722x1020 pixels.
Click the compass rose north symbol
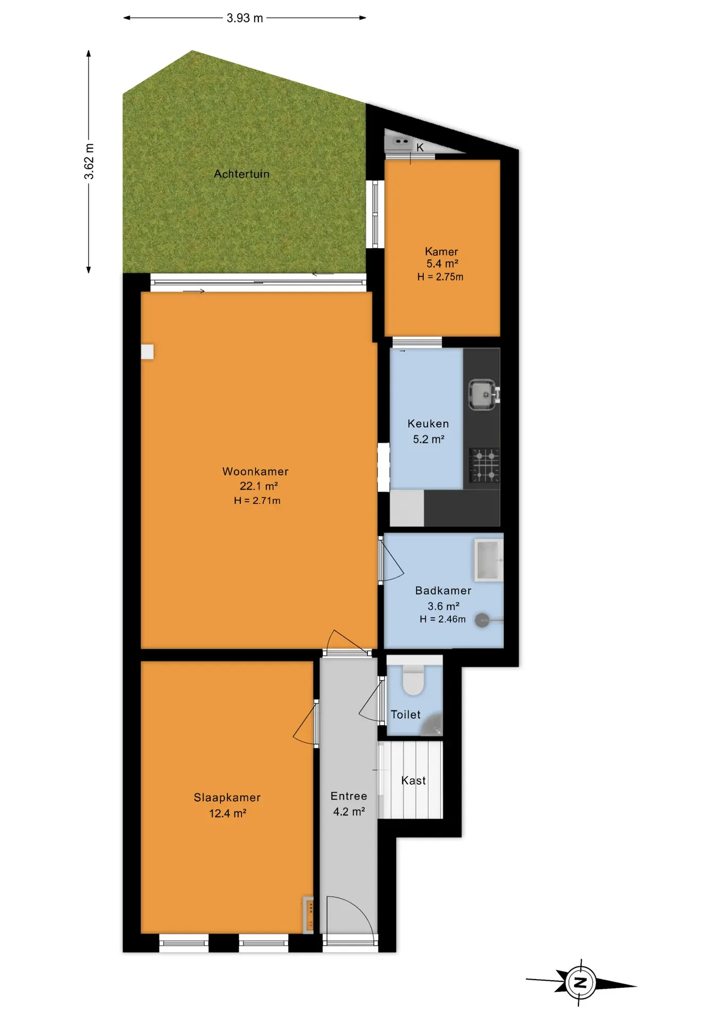[581, 982]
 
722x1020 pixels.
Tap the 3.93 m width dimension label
[245, 18]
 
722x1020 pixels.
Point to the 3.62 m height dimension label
[89, 161]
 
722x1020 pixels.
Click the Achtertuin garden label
[241, 174]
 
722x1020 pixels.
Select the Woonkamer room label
[255, 471]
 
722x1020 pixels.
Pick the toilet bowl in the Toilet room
[414, 681]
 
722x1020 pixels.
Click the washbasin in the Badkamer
[489, 560]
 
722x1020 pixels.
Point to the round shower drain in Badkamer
[482, 620]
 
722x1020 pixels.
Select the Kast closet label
[413, 780]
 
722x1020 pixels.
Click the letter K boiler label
[420, 148]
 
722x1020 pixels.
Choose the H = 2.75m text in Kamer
[440, 277]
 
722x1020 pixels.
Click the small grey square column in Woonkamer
[147, 352]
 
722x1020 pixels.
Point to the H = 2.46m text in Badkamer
[443, 619]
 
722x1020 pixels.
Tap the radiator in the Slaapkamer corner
[308, 915]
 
